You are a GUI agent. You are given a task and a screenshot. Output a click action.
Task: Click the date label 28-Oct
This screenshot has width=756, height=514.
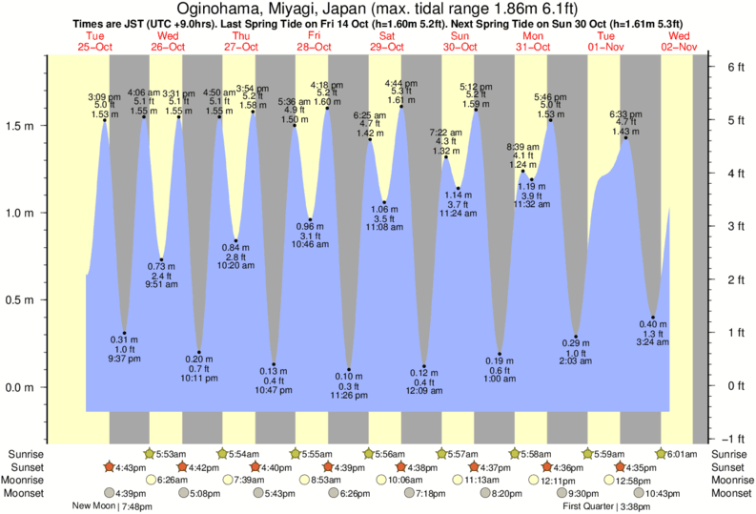tap(314, 47)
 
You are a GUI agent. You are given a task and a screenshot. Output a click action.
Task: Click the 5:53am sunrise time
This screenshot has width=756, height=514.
tap(172, 453)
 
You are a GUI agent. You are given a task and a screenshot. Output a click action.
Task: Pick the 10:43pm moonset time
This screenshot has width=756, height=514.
tap(665, 493)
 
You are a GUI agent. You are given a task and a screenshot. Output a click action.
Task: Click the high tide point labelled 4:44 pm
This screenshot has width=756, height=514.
tap(401, 106)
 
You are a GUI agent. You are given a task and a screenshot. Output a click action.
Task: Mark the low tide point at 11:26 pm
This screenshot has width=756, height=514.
tap(349, 370)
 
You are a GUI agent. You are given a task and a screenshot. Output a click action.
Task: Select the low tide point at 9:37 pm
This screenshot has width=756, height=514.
tap(124, 333)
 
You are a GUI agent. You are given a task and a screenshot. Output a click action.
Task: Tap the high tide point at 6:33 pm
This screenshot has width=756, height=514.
tap(625, 138)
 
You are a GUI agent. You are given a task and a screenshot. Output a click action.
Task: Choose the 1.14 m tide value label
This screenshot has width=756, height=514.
tap(459, 195)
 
